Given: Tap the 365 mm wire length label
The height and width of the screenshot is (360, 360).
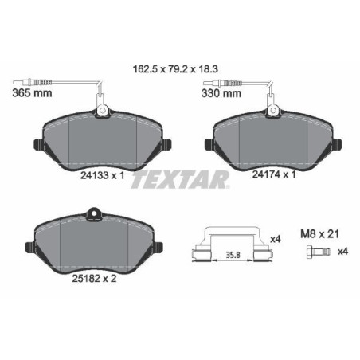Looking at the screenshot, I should point(29,93).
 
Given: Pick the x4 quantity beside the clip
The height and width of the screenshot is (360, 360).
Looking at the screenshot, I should point(275,238).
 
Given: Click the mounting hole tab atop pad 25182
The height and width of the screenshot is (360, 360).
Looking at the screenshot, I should point(92,213).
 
